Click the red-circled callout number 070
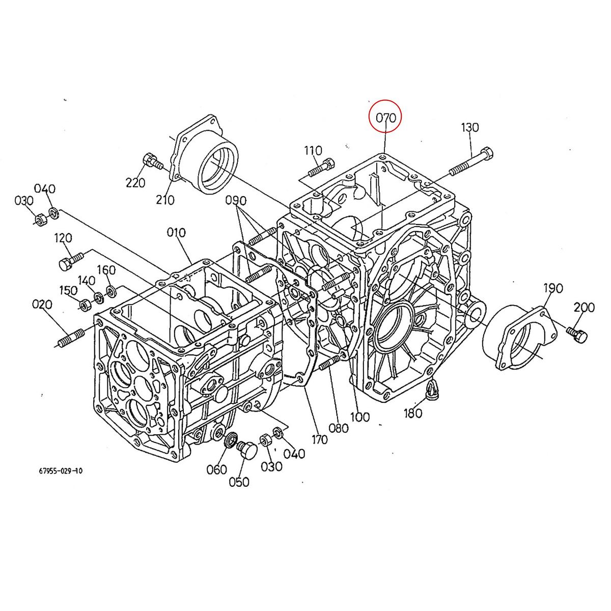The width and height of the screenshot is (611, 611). [x=385, y=118]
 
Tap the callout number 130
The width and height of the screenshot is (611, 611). [x=470, y=127]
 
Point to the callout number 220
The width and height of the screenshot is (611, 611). [x=135, y=182]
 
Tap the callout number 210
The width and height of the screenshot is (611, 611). [x=165, y=200]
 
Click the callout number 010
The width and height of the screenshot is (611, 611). [x=176, y=233]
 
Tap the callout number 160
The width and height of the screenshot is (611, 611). [x=106, y=270]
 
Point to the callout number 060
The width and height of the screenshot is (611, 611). [x=216, y=469]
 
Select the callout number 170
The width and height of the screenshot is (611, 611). [x=319, y=439]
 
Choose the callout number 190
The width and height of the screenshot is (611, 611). [x=553, y=288]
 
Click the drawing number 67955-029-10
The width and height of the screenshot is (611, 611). [x=60, y=471]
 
